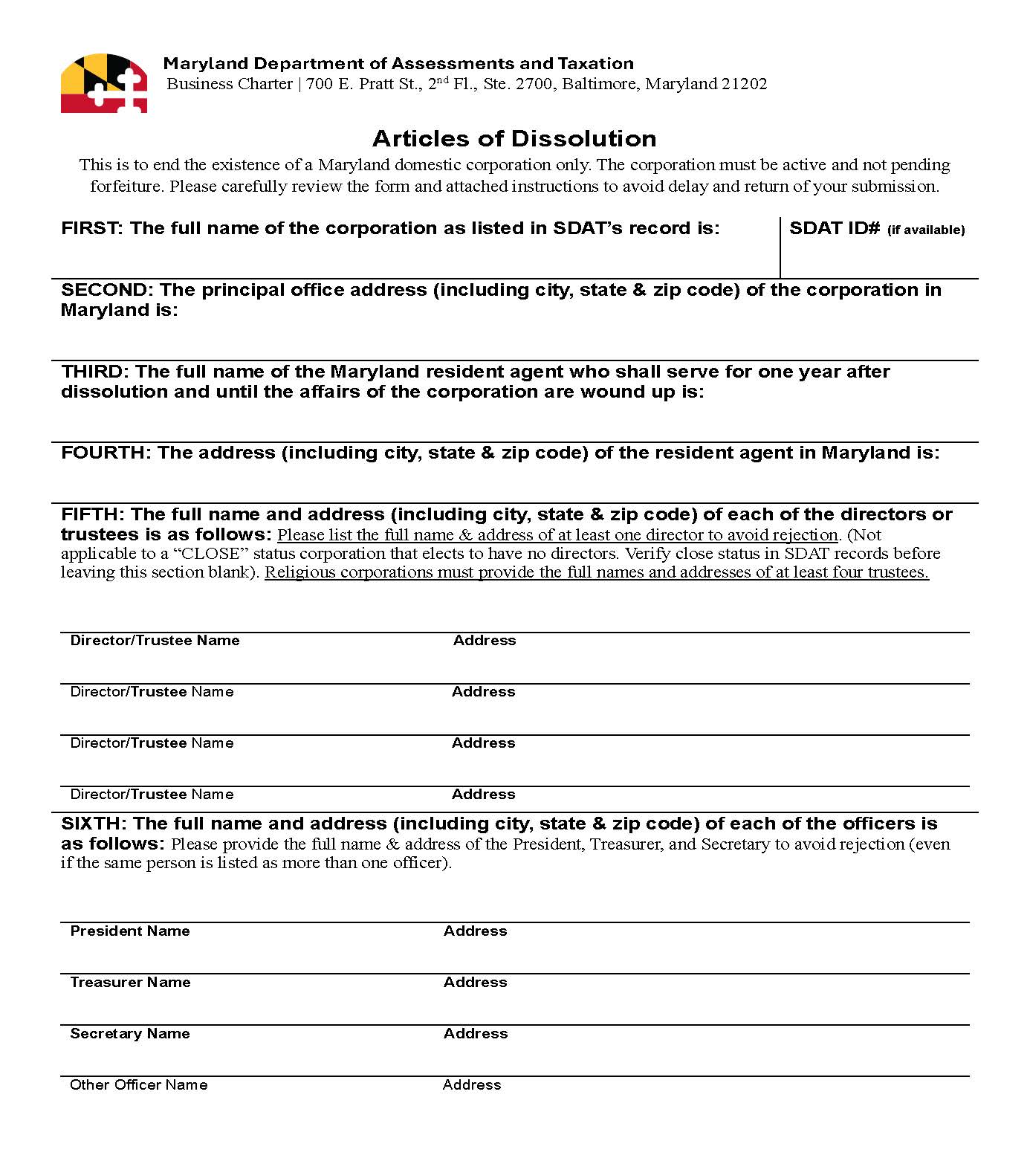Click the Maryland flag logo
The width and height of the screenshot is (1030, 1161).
[103, 83]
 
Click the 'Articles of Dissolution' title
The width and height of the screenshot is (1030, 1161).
[514, 139]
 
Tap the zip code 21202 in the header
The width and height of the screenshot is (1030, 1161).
[744, 84]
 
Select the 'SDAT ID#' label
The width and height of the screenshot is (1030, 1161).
[835, 228]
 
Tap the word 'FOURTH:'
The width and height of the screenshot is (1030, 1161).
[106, 453]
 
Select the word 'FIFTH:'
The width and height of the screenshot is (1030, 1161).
[93, 514]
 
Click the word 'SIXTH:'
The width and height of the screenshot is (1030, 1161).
[94, 824]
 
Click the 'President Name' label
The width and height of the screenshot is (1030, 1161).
[130, 931]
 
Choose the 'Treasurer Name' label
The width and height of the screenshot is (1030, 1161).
[130, 983]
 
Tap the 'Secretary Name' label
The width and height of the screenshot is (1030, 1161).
[130, 1034]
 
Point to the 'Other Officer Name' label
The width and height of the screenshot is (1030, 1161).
[139, 1085]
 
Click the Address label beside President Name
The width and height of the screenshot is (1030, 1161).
[476, 931]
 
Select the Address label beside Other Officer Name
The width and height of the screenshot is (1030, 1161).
[472, 1085]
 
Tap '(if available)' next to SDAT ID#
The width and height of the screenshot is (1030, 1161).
[926, 230]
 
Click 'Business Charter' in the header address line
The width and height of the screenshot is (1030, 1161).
[230, 84]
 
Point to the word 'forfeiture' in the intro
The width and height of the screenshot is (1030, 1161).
[126, 186]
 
